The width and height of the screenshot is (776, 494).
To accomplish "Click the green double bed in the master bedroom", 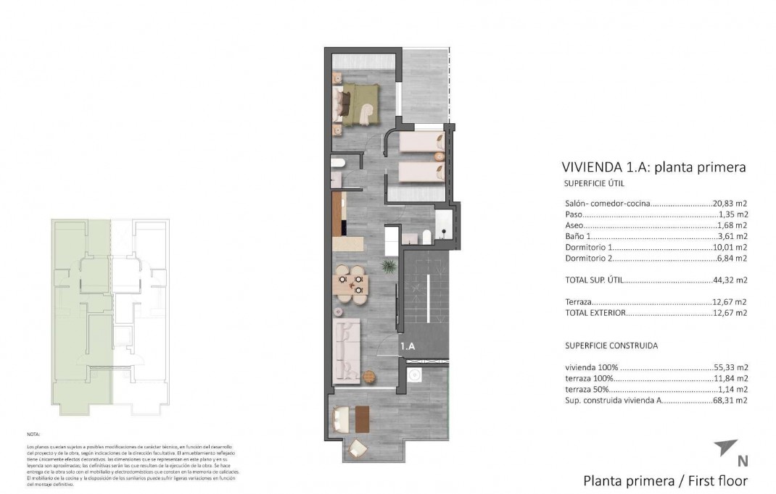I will [x=357, y=104].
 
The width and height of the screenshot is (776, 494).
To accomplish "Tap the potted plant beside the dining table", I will [x=389, y=267].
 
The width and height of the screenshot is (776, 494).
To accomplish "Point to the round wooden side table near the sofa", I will [x=368, y=376].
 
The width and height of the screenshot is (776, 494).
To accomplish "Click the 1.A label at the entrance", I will [x=408, y=347].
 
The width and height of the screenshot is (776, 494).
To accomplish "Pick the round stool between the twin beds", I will [x=439, y=155].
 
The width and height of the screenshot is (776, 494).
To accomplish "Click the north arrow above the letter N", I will [x=725, y=446].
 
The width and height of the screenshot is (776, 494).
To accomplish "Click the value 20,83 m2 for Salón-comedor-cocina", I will [x=730, y=204].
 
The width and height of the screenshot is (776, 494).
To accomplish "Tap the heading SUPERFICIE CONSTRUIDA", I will [x=611, y=346].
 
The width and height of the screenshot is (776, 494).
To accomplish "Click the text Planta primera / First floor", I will [x=665, y=480].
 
